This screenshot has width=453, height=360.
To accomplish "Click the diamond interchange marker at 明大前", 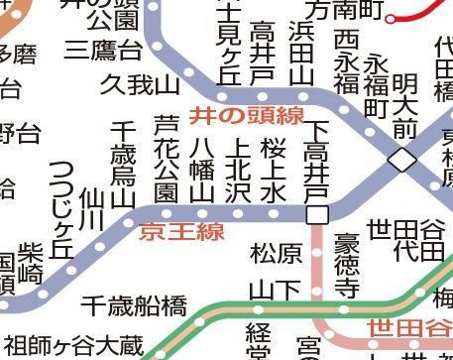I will click(402, 160).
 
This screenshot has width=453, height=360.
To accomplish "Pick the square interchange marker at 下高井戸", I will click(317, 215).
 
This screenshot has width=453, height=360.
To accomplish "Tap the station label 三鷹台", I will click(102, 49).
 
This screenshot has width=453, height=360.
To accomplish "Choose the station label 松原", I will click(277, 254).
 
